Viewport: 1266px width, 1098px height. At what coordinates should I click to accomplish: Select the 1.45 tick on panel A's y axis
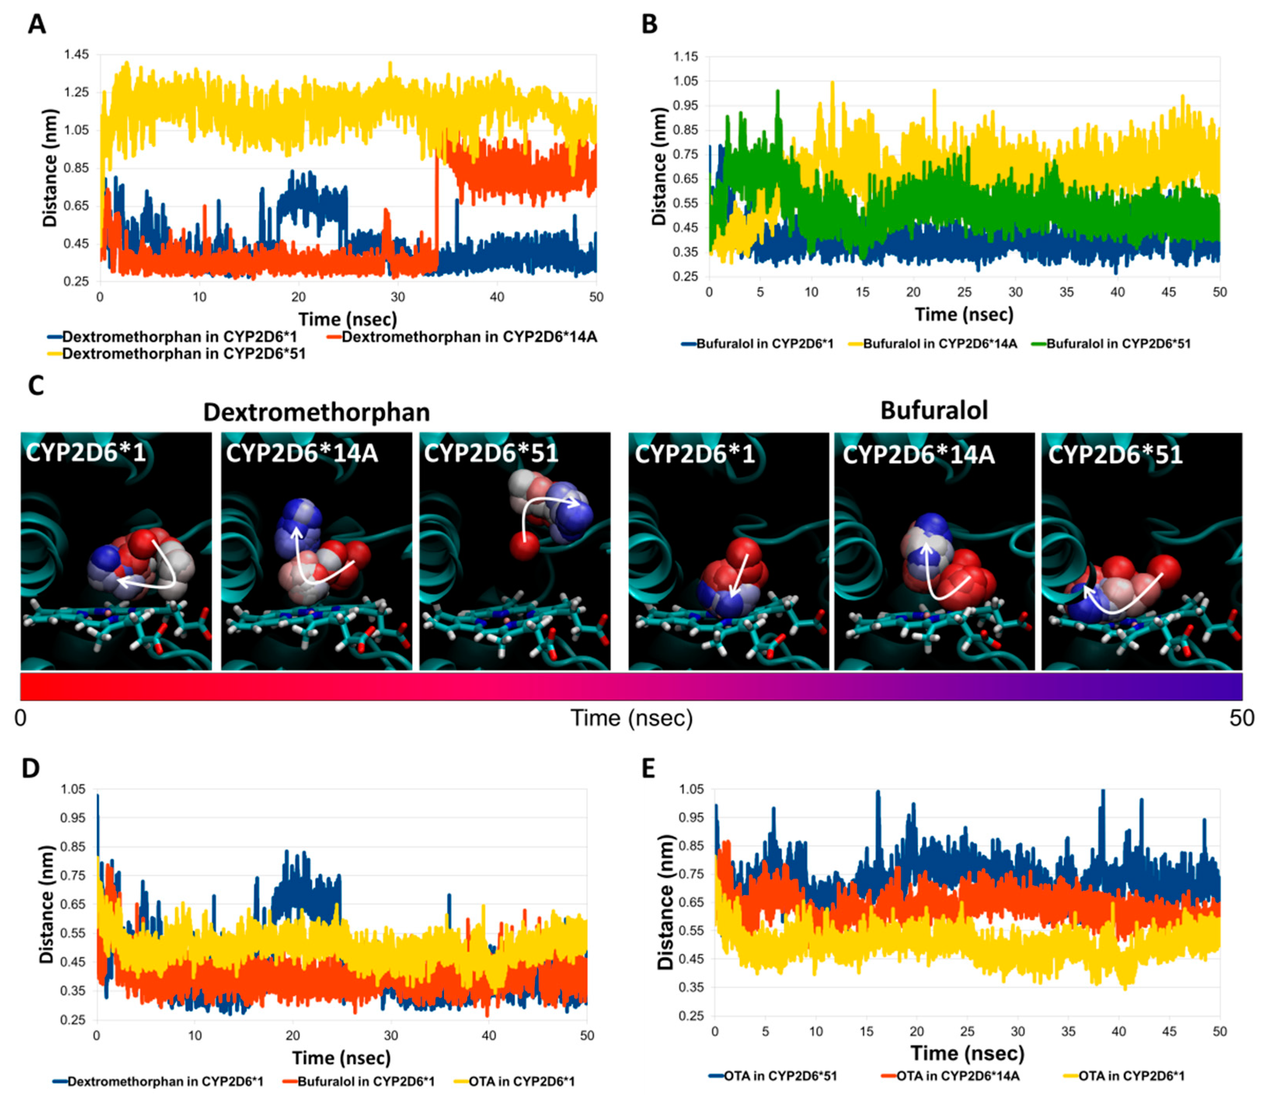(77, 54)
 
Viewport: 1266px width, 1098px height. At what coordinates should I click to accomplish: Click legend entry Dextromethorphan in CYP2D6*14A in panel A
(468, 337)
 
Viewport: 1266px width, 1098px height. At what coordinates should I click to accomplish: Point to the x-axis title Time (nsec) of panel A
(347, 319)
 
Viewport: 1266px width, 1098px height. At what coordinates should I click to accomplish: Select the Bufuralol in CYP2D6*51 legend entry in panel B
(1118, 344)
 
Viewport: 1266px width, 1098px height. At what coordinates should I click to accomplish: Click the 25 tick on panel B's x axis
(964, 292)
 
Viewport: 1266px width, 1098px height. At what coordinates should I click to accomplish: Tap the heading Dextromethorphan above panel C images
(316, 412)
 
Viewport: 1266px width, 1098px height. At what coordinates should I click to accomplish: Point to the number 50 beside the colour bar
(1242, 718)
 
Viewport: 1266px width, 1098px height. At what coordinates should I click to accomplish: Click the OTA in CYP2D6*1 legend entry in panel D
(521, 1081)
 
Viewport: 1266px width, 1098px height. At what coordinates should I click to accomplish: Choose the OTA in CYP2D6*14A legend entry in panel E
(957, 1076)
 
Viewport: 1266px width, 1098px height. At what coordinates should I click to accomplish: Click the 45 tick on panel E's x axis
(1168, 1032)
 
